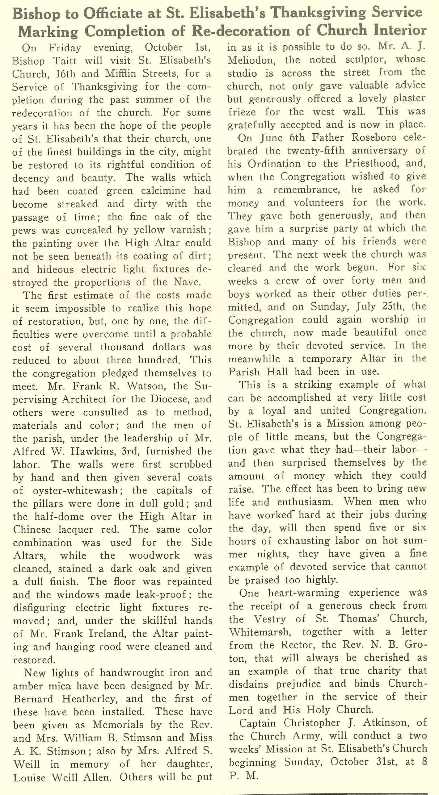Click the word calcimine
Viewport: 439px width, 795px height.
tap(163, 191)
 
